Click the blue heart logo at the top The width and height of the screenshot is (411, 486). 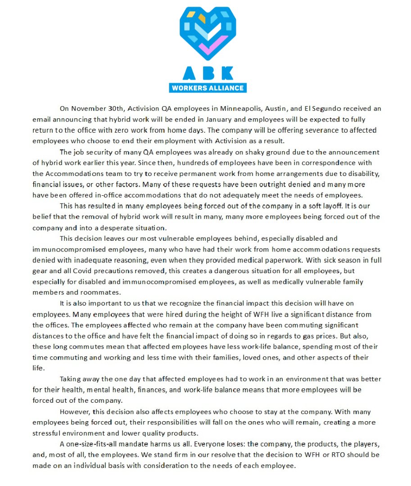point(208,33)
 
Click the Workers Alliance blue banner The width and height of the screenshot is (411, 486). point(208,88)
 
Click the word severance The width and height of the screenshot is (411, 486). point(322,130)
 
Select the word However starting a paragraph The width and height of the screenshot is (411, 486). point(75,412)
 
